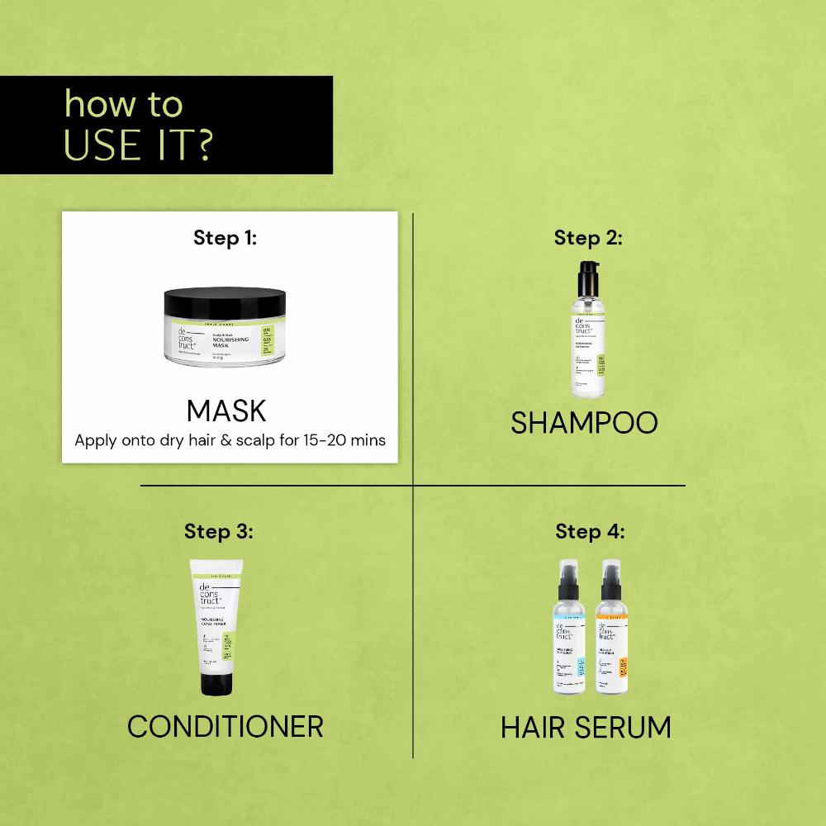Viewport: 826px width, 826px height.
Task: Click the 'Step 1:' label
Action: tap(225, 239)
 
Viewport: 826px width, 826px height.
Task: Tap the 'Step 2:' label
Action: tap(588, 239)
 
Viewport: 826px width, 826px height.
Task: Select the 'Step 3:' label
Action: tap(218, 530)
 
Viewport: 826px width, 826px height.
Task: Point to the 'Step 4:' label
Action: tap(590, 530)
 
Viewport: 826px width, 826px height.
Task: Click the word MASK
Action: tap(226, 411)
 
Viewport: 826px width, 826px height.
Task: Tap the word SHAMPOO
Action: tap(584, 423)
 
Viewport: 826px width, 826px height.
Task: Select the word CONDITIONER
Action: tap(225, 727)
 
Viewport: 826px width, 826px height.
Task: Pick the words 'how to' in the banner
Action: tap(123, 105)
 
